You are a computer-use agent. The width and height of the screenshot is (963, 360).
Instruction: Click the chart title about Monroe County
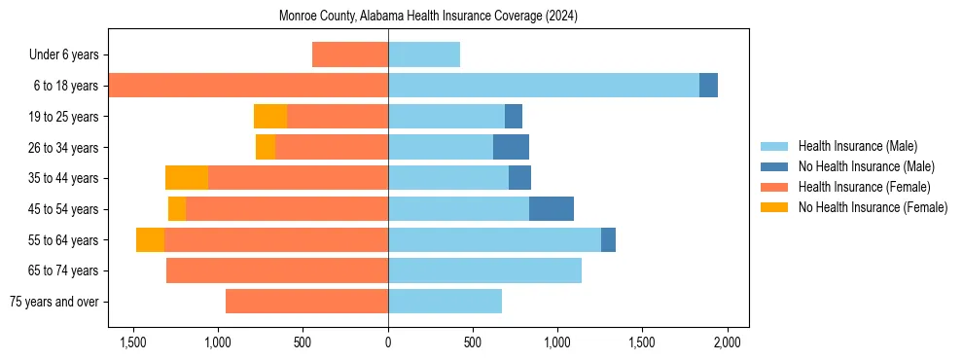pyautogui.click(x=428, y=17)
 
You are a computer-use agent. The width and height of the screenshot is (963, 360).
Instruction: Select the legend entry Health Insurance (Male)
pyautogui.click(x=857, y=146)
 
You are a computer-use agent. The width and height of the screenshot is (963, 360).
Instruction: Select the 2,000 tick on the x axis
pyautogui.click(x=727, y=343)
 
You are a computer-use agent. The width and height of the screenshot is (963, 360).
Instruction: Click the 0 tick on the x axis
pyautogui.click(x=388, y=343)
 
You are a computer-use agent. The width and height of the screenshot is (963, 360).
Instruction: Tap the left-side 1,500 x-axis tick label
pyautogui.click(x=133, y=343)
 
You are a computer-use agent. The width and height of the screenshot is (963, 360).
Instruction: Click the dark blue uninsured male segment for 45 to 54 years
pyautogui.click(x=552, y=209)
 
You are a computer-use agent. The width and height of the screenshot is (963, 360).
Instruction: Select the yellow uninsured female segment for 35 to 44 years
pyautogui.click(x=187, y=178)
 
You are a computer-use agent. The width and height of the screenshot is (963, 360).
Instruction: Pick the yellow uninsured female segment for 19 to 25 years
pyautogui.click(x=270, y=117)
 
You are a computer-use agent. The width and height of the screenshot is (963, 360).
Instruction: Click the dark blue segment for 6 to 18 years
pyautogui.click(x=708, y=86)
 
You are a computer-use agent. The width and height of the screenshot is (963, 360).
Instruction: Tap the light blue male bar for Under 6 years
pyautogui.click(x=424, y=55)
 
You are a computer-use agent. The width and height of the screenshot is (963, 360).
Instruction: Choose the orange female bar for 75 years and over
pyautogui.click(x=306, y=302)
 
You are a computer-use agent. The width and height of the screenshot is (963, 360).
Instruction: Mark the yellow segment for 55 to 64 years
pyautogui.click(x=150, y=240)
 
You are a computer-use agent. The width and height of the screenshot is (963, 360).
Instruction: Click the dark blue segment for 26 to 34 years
pyautogui.click(x=511, y=148)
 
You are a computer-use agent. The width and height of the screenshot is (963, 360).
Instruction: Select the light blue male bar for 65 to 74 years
pyautogui.click(x=484, y=270)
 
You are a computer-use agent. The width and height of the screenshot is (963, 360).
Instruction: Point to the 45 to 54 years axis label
pyautogui.click(x=65, y=209)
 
